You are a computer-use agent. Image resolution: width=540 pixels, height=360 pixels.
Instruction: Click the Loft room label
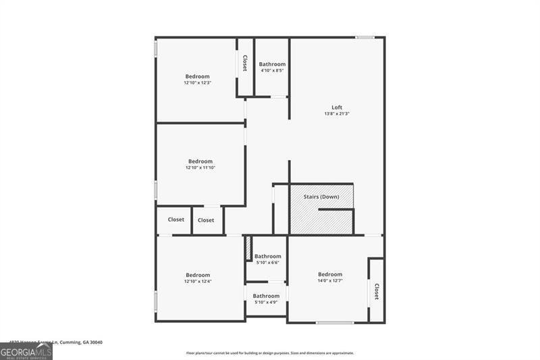pos(337,107)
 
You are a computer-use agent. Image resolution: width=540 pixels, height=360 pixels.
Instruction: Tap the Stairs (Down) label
pos(321,197)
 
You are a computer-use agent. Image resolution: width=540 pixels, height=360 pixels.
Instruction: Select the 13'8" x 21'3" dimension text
pos(337,114)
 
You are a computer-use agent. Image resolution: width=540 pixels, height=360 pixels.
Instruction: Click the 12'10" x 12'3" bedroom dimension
pos(198,83)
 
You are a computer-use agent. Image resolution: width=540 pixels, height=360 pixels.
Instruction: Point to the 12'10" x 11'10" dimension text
pos(200,168)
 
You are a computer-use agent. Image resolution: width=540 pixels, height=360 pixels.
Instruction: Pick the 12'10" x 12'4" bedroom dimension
pos(198,282)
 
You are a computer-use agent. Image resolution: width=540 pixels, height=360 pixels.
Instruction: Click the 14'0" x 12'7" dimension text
pos(331,280)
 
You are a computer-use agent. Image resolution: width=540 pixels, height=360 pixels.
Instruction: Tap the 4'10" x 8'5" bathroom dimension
pos(272,70)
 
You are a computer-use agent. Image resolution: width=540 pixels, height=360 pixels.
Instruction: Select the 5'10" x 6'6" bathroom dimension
pos(267,263)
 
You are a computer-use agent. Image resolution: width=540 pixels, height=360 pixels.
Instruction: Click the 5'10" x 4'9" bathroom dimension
pos(266,303)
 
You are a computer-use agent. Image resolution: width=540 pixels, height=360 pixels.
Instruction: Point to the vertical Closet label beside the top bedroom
pos(244,63)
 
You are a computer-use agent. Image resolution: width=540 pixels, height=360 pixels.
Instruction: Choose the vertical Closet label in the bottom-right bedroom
pos(376,291)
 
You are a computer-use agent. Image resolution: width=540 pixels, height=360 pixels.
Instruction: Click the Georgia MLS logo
pos(26,351)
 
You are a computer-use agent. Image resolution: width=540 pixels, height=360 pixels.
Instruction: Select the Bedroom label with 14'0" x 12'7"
pos(331,274)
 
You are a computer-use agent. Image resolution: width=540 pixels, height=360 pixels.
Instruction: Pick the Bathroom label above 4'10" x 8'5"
pos(272,64)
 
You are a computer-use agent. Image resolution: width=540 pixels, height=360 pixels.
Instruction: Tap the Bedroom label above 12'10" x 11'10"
pos(200,161)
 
